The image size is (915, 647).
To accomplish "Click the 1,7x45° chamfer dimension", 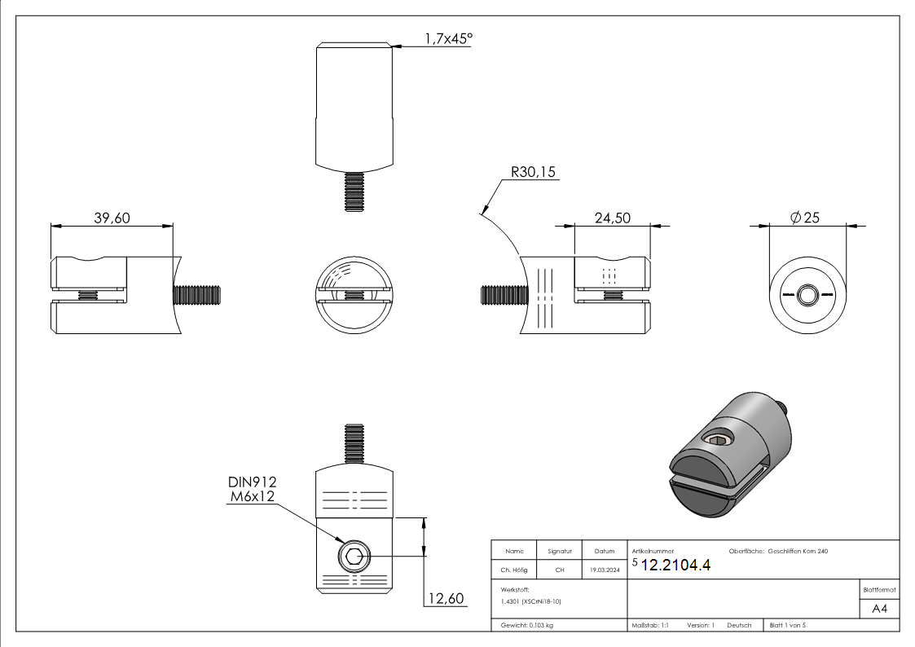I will click(x=447, y=38).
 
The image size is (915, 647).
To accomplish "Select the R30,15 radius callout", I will click(x=534, y=173).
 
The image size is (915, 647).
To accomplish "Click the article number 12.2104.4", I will click(x=675, y=567).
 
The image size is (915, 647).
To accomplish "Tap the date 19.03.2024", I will click(x=604, y=570).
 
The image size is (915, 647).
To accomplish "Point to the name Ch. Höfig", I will click(x=514, y=570).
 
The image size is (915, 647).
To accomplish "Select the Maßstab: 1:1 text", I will click(x=650, y=625).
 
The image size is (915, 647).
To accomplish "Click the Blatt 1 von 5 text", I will click(x=787, y=625).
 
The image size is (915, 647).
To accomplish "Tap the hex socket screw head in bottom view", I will click(x=354, y=558).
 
